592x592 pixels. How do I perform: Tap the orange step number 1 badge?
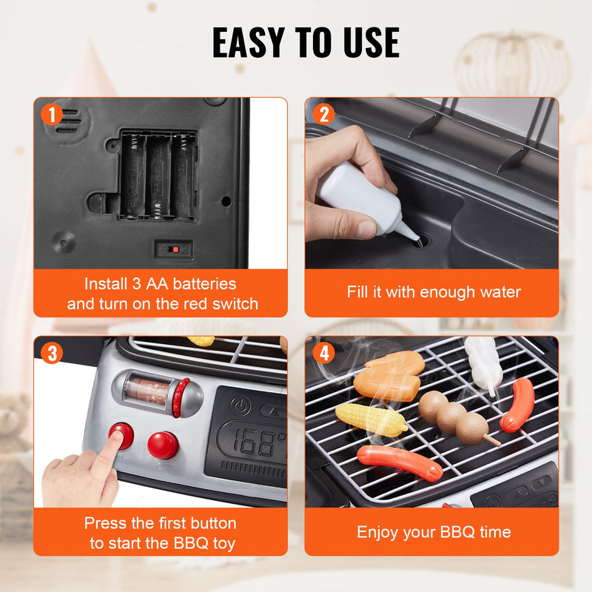[x=51, y=115]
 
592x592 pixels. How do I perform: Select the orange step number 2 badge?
[x=323, y=115]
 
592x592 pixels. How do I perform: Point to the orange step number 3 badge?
[x=51, y=354]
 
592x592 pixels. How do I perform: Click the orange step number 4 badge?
[x=323, y=354]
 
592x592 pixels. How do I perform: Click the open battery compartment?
[x=158, y=175]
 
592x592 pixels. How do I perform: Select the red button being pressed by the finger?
[x=122, y=435]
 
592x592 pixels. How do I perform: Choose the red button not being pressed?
[x=162, y=445]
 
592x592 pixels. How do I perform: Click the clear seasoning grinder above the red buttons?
[x=152, y=390]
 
